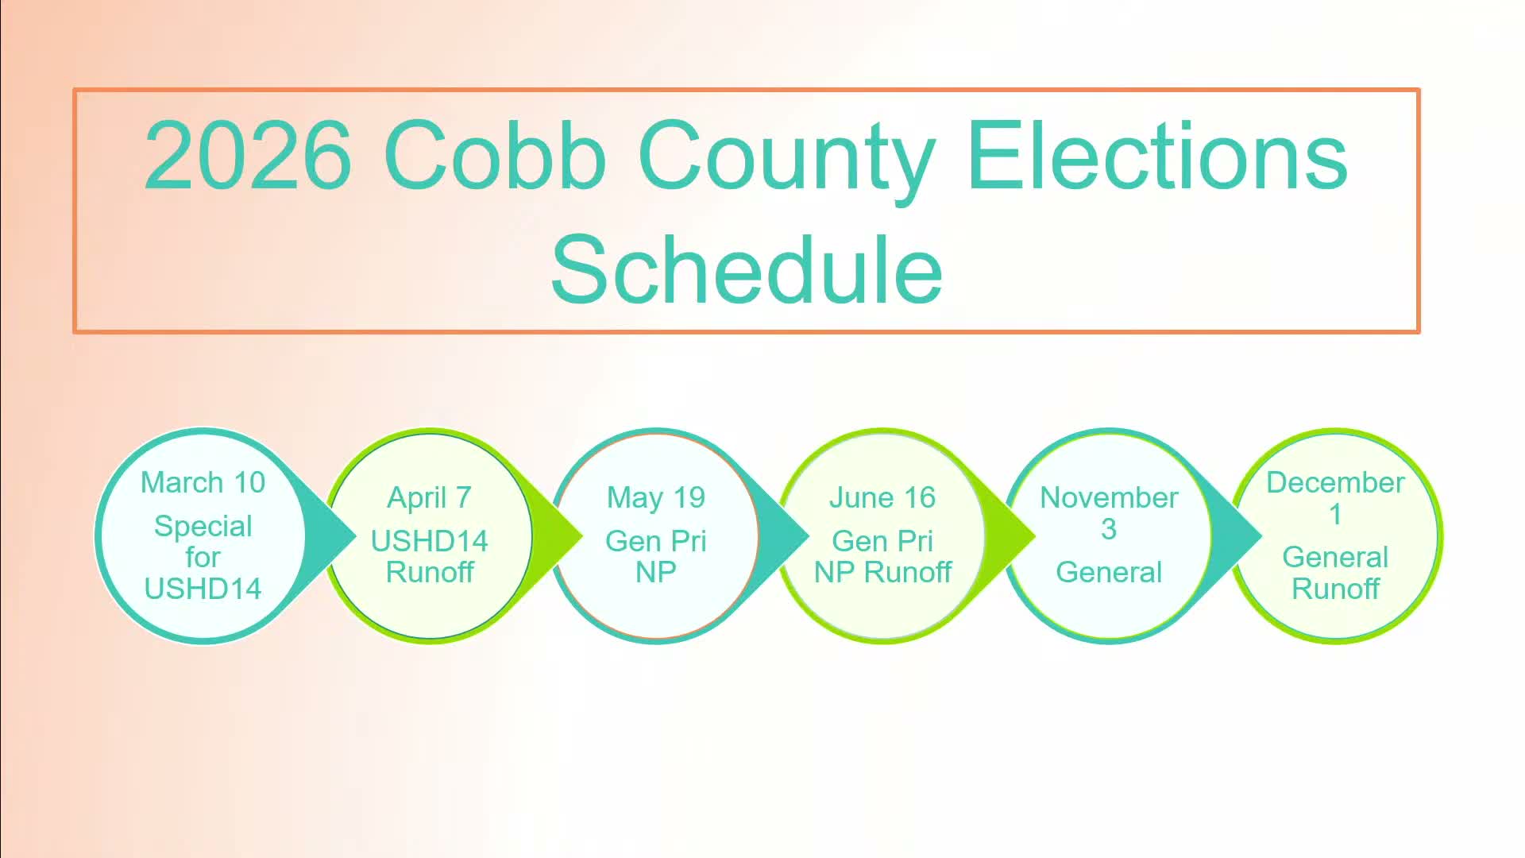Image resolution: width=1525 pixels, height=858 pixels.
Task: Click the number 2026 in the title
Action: [x=247, y=156]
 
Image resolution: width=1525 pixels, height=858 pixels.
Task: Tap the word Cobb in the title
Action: [x=494, y=156]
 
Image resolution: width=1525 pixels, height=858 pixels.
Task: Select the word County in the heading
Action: [x=786, y=158]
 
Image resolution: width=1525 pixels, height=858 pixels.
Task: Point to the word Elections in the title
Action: [x=1157, y=156]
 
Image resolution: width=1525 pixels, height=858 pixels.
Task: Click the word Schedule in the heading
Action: [x=747, y=269]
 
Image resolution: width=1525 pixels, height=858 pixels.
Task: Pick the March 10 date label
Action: [x=203, y=482]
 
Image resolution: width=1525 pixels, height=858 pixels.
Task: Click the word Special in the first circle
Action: [x=203, y=526]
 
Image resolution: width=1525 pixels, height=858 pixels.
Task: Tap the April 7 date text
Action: [x=429, y=497]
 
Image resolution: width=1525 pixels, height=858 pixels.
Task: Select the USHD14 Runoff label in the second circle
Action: [x=429, y=556]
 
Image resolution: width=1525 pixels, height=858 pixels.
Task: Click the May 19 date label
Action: [x=655, y=497]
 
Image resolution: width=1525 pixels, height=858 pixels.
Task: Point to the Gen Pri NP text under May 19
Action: [x=655, y=556]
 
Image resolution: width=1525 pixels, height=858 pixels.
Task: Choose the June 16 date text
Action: [x=882, y=497]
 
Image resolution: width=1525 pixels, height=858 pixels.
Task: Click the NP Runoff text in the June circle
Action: [x=882, y=572]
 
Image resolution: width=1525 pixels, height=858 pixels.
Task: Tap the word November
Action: [x=1109, y=497]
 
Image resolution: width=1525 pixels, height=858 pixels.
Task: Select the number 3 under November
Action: [x=1109, y=529]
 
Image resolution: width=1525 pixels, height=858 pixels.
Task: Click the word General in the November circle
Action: [x=1109, y=572]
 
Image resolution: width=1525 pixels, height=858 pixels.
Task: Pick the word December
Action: [x=1335, y=482]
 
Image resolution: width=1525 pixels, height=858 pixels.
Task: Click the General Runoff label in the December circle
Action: [x=1335, y=573]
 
